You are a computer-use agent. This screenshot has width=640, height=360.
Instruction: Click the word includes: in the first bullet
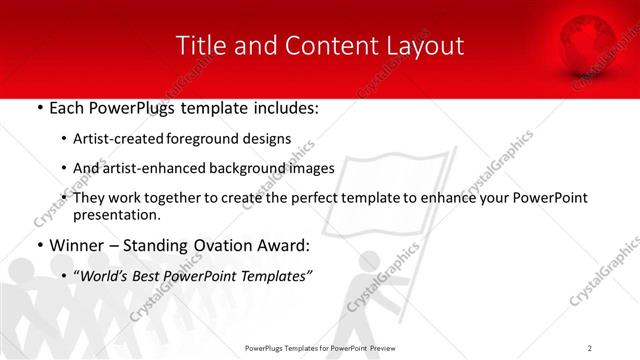tap(278, 106)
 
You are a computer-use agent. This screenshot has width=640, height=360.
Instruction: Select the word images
tap(307, 168)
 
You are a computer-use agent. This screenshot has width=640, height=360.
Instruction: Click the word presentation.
tap(116, 214)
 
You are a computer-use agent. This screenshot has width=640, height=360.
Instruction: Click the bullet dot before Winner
tap(38, 246)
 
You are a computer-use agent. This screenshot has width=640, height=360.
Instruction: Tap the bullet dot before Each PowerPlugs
tap(38, 107)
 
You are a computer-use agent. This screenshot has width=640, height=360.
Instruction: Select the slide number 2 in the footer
tap(590, 347)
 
